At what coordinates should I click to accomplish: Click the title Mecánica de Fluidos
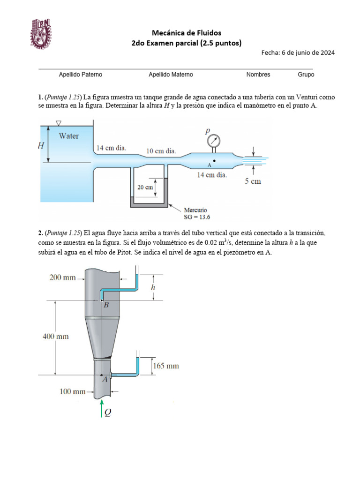tap(187, 32)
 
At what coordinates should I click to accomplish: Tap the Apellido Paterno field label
tap(80, 75)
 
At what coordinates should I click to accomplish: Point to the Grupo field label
tap(306, 75)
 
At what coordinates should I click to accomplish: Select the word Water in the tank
tap(68, 136)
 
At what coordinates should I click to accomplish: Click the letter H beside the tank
tap(41, 146)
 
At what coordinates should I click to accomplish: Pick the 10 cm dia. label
tap(161, 151)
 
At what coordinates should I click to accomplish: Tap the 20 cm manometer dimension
tap(145, 187)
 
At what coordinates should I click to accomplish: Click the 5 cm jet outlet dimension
tap(253, 181)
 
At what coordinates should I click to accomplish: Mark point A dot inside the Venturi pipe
tap(214, 161)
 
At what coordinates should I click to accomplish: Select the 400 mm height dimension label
tap(55, 336)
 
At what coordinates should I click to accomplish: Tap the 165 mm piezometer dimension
tap(166, 366)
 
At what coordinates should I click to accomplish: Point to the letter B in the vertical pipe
tap(106, 305)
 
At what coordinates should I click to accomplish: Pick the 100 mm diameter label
tap(73, 391)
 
